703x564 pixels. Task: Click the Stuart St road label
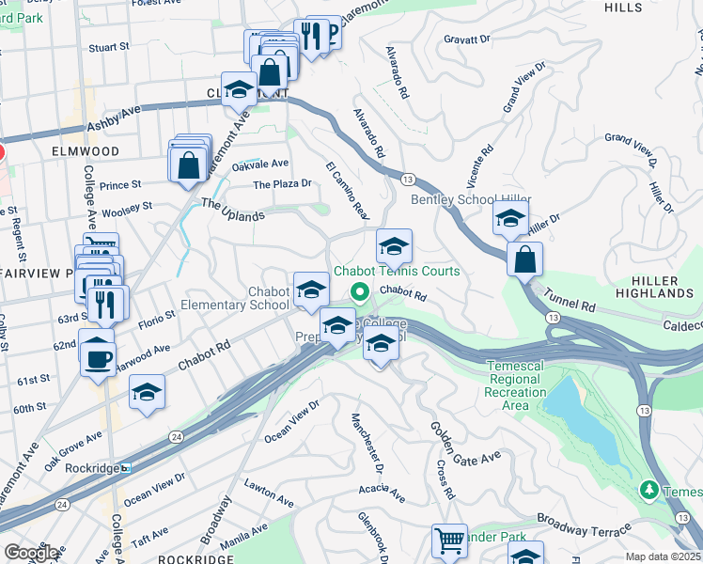108,46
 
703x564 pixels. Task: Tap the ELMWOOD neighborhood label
85,150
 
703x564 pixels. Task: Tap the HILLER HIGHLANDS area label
655,287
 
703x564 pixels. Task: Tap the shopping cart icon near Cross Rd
449,541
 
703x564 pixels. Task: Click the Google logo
32,552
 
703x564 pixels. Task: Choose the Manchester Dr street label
367,442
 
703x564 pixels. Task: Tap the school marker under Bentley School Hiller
510,219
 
